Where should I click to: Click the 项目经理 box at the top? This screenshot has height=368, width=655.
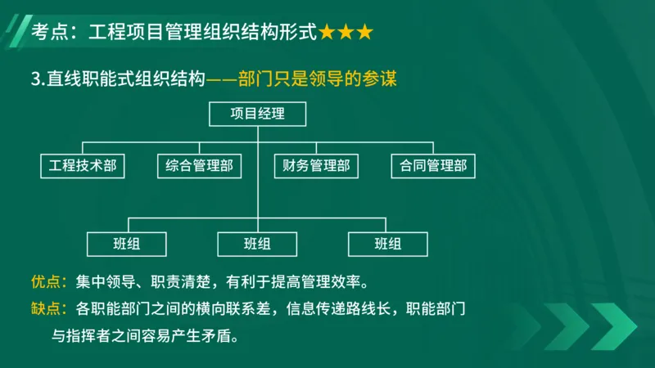coord(258,114)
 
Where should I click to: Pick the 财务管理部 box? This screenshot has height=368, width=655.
coord(316,166)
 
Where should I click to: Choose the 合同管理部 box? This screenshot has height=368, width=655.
coord(433,166)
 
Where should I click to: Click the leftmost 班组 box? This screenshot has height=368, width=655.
coord(127,243)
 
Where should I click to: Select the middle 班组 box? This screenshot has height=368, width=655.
coord(258,243)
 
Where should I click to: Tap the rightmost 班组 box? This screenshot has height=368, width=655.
coord(388,243)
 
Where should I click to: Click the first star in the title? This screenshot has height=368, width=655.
coord(327,33)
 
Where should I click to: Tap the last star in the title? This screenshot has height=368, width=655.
coord(364,33)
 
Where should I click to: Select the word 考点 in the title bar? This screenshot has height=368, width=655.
coord(47,33)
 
